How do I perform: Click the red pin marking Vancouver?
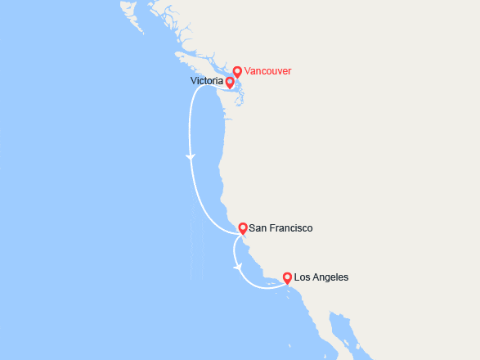[237, 71]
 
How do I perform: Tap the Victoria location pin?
[230, 82]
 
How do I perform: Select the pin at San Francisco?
[242, 228]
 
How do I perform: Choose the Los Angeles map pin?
[287, 278]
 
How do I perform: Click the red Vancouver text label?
[268, 71]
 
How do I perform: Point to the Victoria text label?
[206, 82]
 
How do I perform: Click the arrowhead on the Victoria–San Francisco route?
[191, 156]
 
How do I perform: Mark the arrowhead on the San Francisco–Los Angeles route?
[237, 266]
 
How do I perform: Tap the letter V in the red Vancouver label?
[248, 71]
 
